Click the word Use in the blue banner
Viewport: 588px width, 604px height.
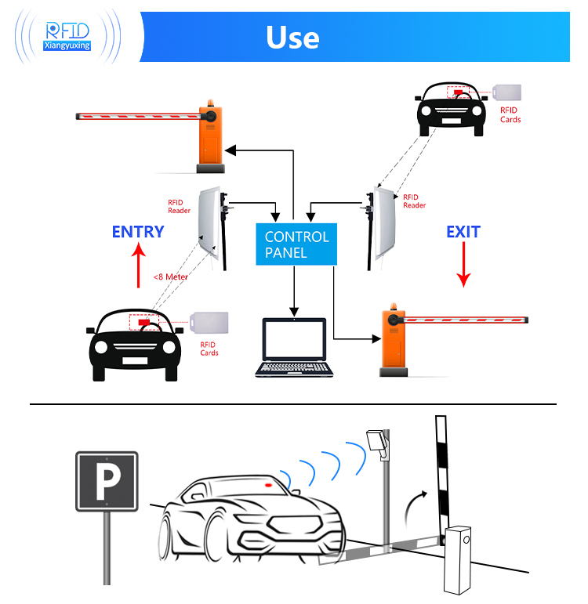pos(292,37)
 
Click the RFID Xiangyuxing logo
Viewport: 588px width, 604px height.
pos(67,35)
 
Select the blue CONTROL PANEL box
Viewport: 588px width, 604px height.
pos(296,244)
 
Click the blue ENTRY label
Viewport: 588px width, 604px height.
pos(138,232)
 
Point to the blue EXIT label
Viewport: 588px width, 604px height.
pos(463,232)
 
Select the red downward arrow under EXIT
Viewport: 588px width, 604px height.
pos(463,265)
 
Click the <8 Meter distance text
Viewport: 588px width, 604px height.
pos(170,277)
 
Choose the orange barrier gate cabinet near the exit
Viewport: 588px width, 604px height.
pos(392,341)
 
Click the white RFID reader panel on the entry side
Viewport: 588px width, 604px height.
pos(209,222)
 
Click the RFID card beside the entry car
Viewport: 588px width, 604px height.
pos(208,322)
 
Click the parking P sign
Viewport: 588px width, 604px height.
pos(107,481)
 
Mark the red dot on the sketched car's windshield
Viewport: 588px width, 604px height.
pos(267,486)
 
